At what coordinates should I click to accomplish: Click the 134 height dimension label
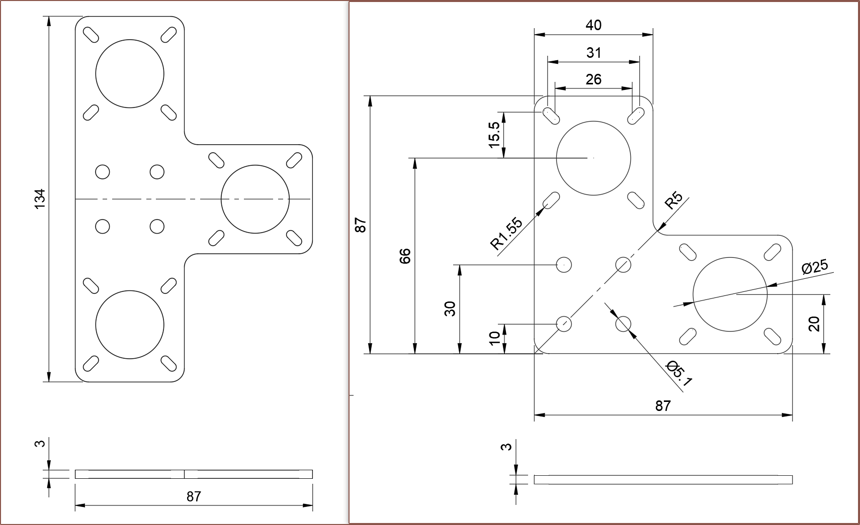(x=40, y=199)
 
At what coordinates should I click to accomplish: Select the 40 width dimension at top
(x=593, y=25)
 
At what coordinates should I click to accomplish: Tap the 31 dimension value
(x=593, y=53)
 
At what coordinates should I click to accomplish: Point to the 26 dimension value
(x=593, y=79)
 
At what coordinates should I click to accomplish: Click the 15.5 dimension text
(x=495, y=135)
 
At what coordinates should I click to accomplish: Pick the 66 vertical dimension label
(x=405, y=256)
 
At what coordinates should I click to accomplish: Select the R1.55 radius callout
(x=507, y=234)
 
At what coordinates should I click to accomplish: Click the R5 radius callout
(x=674, y=200)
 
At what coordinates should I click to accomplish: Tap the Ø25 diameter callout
(x=815, y=267)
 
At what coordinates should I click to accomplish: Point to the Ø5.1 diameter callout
(x=679, y=374)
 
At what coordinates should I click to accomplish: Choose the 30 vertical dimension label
(x=450, y=308)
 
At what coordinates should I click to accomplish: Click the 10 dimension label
(x=495, y=338)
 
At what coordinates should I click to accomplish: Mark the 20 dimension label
(x=814, y=324)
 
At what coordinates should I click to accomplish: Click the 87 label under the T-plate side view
(x=194, y=496)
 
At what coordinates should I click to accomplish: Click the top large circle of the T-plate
(x=130, y=73)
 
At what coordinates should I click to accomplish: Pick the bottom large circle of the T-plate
(x=130, y=325)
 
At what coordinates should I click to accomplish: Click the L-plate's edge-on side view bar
(x=663, y=479)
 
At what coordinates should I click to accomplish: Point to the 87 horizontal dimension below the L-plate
(x=663, y=406)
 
